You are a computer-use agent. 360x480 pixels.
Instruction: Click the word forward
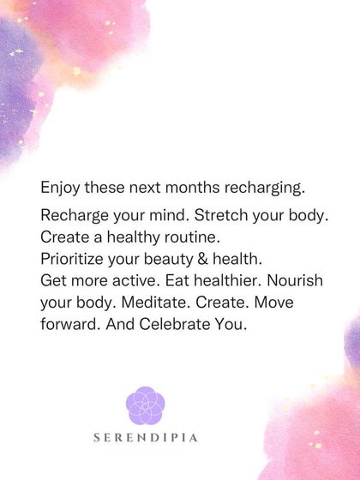(69, 326)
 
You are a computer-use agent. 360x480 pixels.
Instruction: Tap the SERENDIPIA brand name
(146, 437)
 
